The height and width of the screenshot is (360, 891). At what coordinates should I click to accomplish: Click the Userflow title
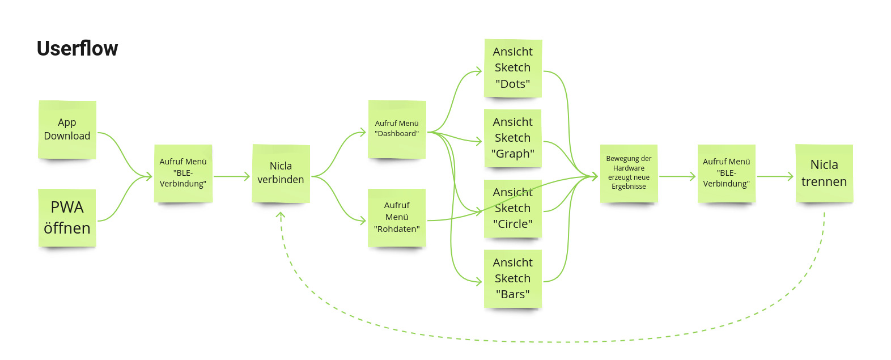pos(77,49)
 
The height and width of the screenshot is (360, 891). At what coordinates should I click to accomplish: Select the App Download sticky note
pos(67,129)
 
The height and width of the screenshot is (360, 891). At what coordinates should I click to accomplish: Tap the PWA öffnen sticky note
pos(67,218)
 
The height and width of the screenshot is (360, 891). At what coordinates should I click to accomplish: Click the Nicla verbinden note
pos(281,173)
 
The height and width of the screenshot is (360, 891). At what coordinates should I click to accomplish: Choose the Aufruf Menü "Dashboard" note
pos(397,129)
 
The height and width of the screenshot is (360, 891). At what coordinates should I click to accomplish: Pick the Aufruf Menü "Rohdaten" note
pos(397,217)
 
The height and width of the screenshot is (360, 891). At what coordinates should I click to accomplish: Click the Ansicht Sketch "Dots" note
pos(513,68)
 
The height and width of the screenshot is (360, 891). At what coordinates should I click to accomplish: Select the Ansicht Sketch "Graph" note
pos(513,138)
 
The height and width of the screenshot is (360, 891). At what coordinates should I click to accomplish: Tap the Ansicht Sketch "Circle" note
pos(513,208)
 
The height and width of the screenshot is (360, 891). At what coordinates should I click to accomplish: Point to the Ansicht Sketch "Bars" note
pos(513,278)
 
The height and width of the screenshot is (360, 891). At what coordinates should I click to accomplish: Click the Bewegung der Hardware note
pos(629,173)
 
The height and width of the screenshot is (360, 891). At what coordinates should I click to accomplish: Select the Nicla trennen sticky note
pos(824,173)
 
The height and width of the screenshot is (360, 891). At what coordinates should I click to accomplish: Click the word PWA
pos(67,207)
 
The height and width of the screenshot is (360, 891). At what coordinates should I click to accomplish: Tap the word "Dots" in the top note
pos(512,84)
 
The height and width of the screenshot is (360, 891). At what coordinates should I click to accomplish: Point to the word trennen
pos(824,182)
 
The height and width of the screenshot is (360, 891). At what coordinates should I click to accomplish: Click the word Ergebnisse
pos(629,187)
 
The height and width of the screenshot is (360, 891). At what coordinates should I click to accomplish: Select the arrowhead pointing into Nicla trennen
pos(791,177)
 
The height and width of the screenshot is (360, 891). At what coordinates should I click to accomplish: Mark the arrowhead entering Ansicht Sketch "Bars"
pos(479,281)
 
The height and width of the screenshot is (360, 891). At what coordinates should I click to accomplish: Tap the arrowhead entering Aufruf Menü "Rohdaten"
pos(363,221)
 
